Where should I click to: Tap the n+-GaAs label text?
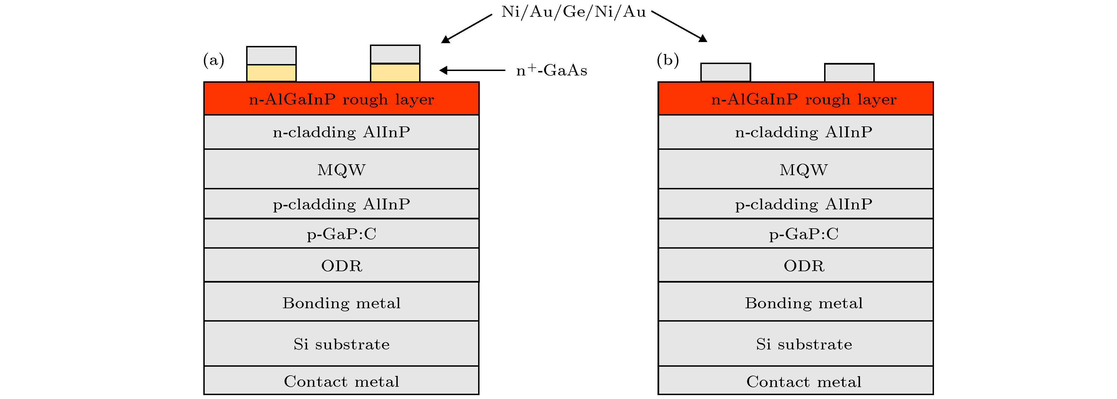pyautogui.click(x=552, y=70)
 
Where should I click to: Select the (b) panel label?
pyautogui.click(x=668, y=60)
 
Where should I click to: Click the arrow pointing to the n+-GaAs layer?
pyautogui.click(x=472, y=70)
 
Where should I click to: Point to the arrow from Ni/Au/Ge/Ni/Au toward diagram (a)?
pyautogui.click(x=466, y=29)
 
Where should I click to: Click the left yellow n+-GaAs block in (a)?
pyautogui.click(x=271, y=73)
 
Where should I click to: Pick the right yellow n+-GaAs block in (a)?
pyautogui.click(x=395, y=72)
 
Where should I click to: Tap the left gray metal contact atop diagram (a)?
pyautogui.click(x=271, y=56)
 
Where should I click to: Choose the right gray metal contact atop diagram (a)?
pyautogui.click(x=395, y=54)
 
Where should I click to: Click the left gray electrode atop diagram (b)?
pyautogui.click(x=725, y=72)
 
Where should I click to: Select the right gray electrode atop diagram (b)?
pyautogui.click(x=849, y=72)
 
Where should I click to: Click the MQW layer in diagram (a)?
pyautogui.click(x=341, y=169)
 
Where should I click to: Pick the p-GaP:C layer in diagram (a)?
pyautogui.click(x=341, y=234)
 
